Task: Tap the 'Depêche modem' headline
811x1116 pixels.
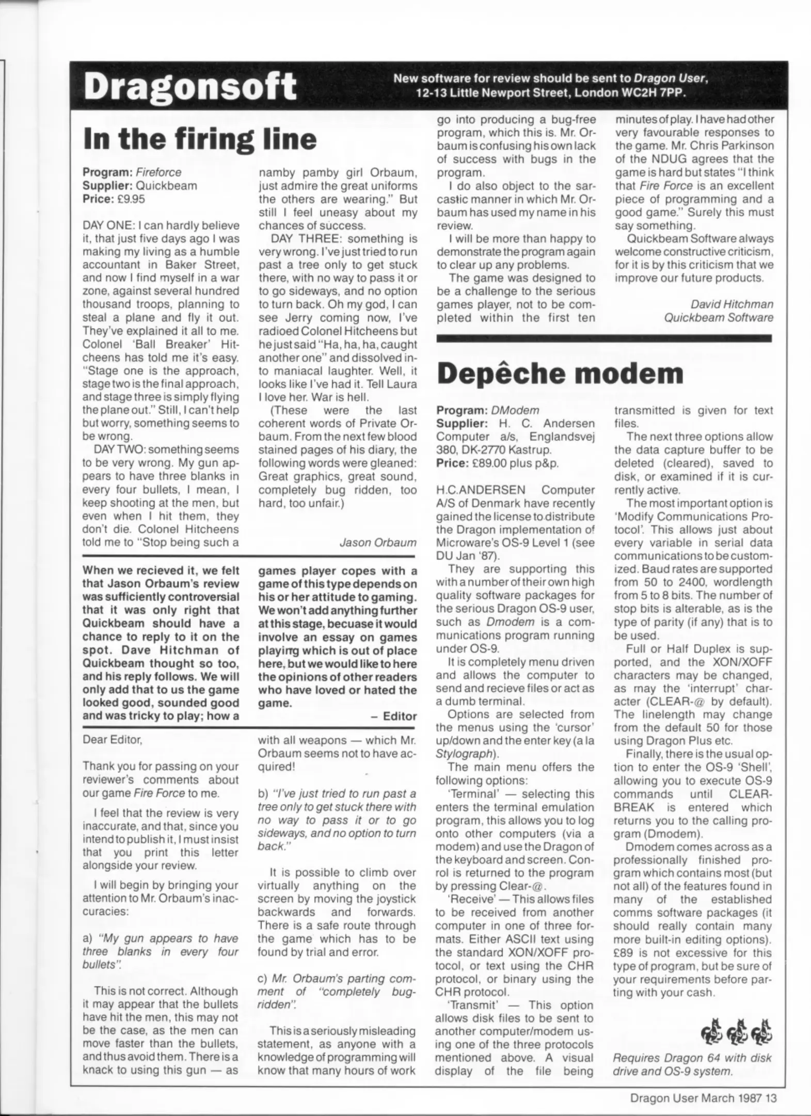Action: tap(560, 373)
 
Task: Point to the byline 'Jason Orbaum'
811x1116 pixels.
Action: tap(378, 542)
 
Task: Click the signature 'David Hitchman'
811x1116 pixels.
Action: tap(732, 304)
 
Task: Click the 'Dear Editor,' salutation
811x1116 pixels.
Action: tap(112, 740)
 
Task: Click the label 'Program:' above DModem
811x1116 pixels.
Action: tap(462, 410)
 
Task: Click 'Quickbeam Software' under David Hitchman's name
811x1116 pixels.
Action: tap(719, 318)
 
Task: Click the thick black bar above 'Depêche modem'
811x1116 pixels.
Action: tap(604, 339)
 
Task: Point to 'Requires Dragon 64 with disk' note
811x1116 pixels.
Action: tap(692, 1058)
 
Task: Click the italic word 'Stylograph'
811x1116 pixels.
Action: tap(463, 754)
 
